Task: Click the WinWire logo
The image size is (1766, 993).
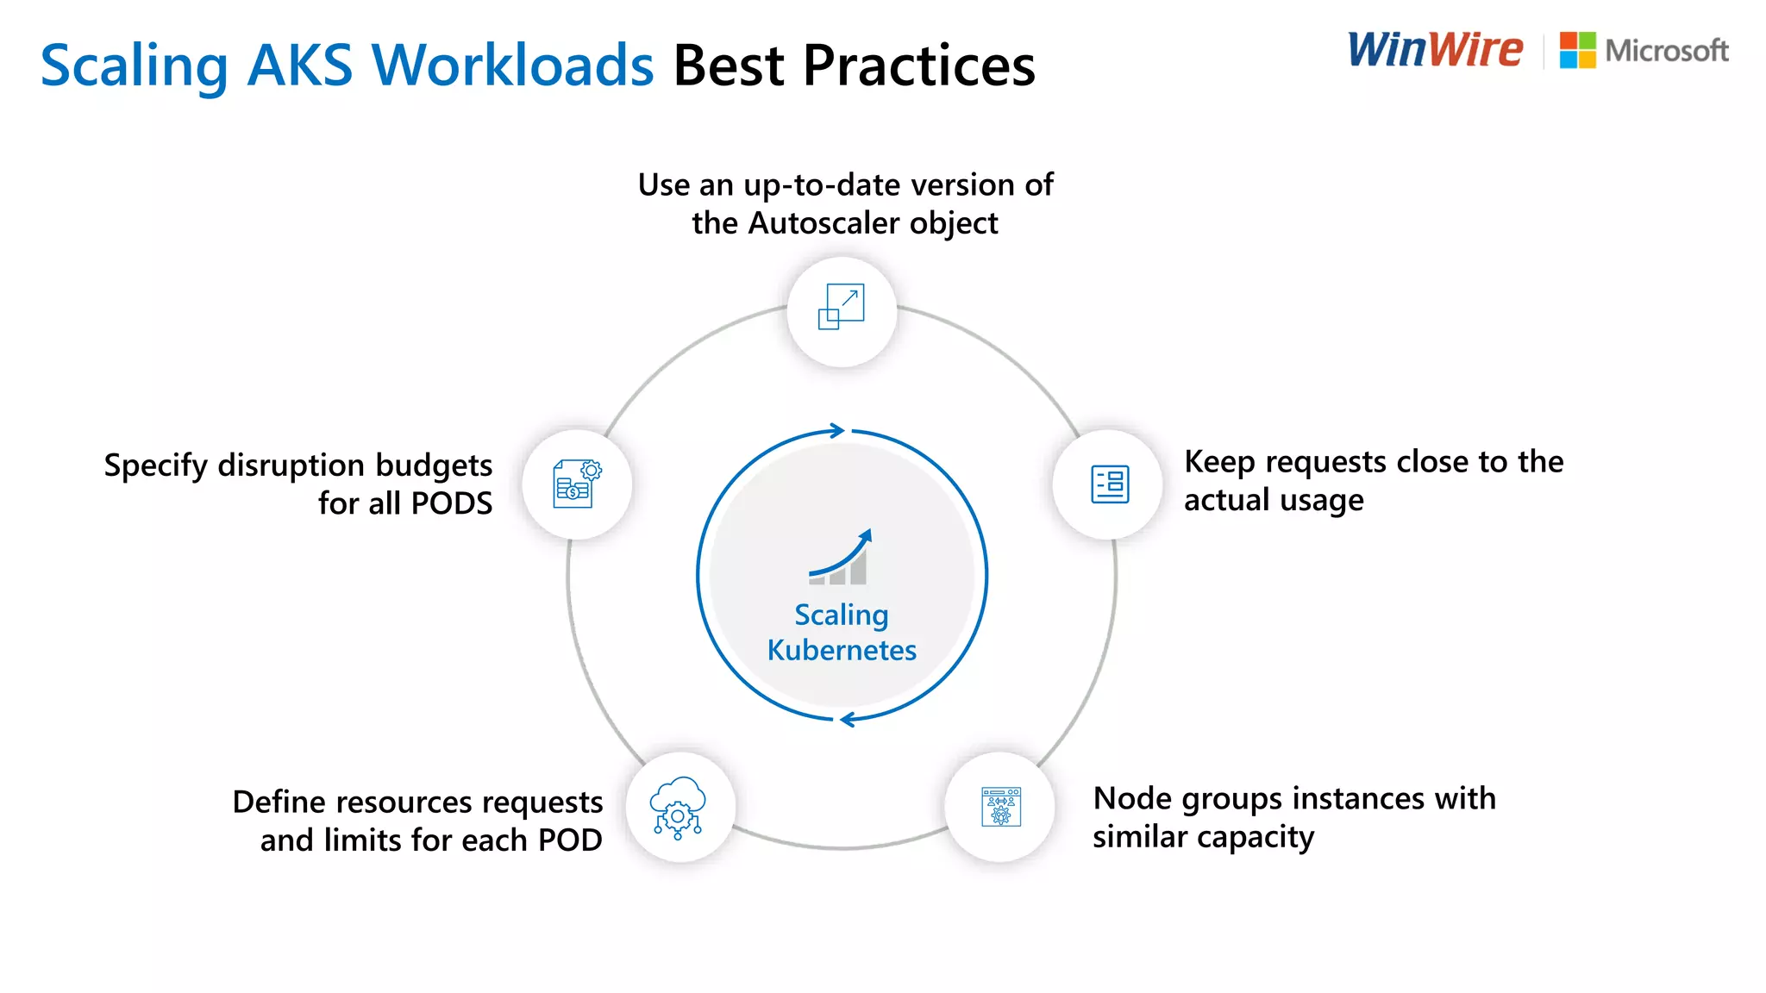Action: [1435, 50]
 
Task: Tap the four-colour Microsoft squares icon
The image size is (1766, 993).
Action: [1577, 51]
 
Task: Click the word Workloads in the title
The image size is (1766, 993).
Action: [512, 66]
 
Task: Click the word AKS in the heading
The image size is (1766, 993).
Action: [299, 66]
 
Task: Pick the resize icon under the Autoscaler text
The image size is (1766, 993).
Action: [842, 307]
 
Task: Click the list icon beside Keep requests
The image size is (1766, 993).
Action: [1109, 484]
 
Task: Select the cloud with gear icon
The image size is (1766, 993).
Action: [679, 807]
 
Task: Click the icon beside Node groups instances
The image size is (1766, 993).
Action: [1000, 807]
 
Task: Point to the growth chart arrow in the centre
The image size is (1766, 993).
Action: [841, 557]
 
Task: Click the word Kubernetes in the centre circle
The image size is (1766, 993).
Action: [842, 650]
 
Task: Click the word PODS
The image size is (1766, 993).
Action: [451, 503]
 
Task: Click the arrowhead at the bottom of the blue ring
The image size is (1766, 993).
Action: [847, 719]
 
